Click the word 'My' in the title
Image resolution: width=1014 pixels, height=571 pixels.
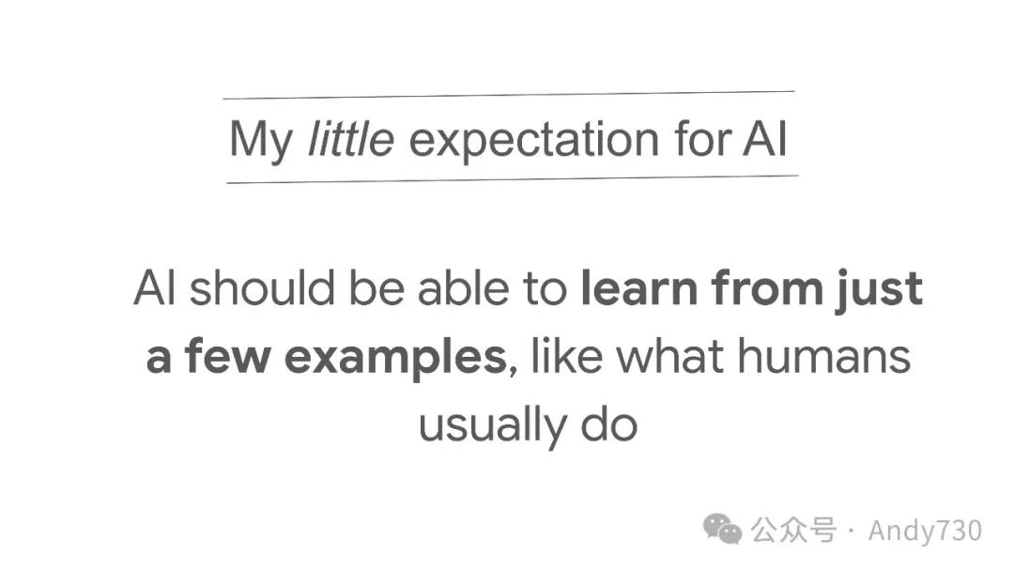point(261,141)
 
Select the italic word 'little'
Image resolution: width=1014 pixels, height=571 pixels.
point(350,138)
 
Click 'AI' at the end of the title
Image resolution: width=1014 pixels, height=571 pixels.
point(765,138)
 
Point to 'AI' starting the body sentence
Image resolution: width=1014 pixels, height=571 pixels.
point(155,287)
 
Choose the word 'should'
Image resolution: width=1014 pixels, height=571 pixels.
point(262,287)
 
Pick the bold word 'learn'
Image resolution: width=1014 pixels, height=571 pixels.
point(639,287)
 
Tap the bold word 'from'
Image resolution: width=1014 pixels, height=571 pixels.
point(767,287)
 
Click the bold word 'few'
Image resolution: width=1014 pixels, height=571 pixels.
point(227,355)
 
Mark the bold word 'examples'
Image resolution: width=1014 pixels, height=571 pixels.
point(395,358)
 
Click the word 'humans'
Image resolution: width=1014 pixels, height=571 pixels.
point(824,355)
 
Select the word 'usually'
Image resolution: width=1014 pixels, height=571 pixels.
point(492,427)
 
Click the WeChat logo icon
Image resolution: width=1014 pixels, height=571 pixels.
point(722,529)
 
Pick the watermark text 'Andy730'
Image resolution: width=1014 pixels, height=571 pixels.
point(925,531)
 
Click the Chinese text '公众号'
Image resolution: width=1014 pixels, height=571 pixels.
point(793,531)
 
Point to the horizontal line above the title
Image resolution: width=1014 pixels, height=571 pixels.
point(508,95)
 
